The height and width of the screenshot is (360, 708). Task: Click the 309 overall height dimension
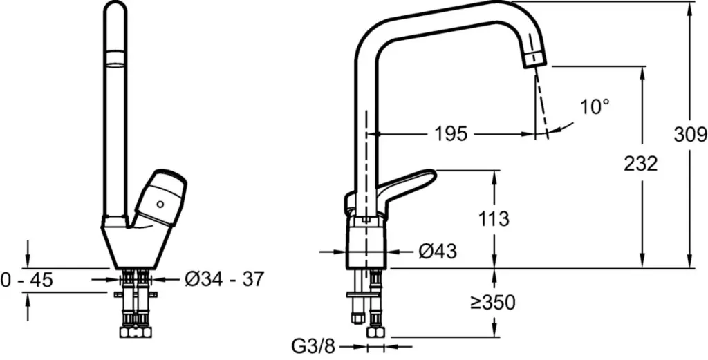690,135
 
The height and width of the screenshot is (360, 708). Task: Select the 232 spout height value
641,164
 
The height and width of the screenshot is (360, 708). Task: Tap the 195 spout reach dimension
451,134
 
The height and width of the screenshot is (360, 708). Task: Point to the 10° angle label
595,107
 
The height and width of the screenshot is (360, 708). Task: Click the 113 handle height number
494,219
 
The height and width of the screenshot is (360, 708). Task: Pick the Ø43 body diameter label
438,252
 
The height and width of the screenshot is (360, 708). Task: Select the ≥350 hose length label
492,303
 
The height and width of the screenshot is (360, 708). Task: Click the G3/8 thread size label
315,347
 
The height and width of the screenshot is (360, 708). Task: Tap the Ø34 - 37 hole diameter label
224,279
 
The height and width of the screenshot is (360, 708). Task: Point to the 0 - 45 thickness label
27,280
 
